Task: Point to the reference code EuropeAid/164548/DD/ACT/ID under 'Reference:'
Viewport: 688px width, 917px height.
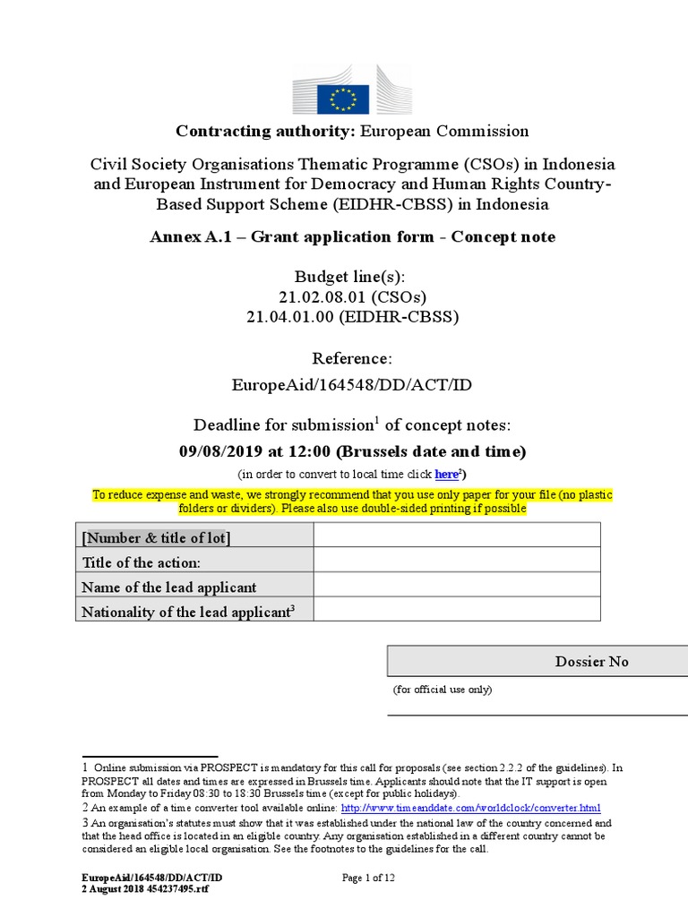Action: coord(352,384)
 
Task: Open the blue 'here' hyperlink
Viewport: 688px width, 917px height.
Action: coord(446,474)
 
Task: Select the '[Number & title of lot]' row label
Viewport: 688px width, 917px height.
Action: coord(156,537)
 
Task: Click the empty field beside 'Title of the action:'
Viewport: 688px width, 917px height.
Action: coord(457,562)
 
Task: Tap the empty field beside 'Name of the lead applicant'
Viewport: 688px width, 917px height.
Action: coord(457,587)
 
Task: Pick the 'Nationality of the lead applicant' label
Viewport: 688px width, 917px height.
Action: coord(186,613)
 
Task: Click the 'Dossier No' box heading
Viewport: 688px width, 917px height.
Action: coord(591,662)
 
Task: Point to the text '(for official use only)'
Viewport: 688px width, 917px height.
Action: coord(443,690)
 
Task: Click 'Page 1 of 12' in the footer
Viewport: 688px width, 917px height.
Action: coord(369,878)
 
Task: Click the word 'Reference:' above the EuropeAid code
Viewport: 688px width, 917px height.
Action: coord(352,359)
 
